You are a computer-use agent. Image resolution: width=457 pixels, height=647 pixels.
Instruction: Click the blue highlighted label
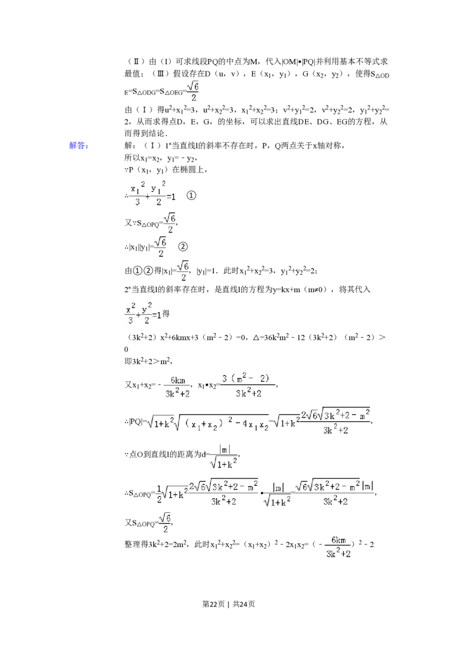pos(79,146)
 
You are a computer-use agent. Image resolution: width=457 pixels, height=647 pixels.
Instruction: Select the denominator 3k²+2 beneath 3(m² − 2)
pos(248,393)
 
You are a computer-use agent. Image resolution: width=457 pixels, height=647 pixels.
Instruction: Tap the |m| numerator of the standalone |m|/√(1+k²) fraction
pos(223,449)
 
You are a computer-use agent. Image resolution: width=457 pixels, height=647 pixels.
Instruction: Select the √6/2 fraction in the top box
pos(193,91)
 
